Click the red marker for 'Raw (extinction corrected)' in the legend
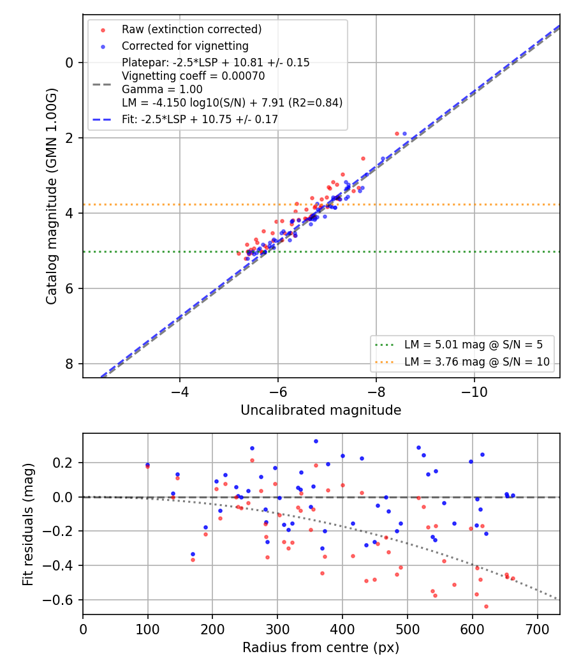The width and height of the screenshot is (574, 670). click(x=103, y=30)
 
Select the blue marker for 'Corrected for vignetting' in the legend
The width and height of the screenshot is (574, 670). click(x=103, y=47)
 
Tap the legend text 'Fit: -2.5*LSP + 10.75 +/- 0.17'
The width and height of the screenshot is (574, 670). click(x=200, y=119)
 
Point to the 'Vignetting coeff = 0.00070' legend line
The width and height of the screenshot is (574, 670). click(x=193, y=76)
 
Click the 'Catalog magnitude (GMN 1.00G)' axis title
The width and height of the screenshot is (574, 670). click(x=51, y=196)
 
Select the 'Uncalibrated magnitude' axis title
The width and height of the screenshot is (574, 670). click(x=321, y=410)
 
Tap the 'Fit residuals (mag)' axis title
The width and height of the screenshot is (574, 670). click(x=28, y=524)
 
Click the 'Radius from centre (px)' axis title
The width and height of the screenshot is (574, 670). click(x=321, y=648)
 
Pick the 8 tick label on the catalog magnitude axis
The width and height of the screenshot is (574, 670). click(x=69, y=364)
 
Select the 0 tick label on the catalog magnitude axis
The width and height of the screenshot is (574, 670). click(x=69, y=63)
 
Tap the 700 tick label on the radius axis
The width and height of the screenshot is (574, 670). click(x=537, y=629)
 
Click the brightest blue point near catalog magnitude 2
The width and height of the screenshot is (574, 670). click(x=404, y=134)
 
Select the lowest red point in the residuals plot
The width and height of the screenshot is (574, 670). click(x=486, y=606)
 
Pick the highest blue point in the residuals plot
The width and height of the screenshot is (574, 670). click(x=316, y=442)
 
